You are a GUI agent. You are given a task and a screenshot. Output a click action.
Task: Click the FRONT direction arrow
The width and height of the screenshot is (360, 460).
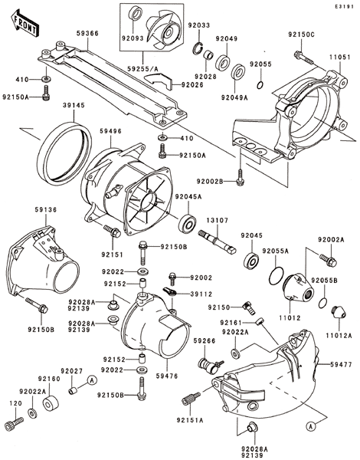point(24,23)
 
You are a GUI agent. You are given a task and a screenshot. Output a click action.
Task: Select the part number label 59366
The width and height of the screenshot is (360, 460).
point(87,34)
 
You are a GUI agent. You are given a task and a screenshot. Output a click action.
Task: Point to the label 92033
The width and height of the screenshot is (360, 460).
point(199,25)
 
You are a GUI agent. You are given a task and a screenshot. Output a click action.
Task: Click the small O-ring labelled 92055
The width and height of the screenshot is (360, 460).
point(260,85)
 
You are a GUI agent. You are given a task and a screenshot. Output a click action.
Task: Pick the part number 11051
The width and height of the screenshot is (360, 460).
point(339,58)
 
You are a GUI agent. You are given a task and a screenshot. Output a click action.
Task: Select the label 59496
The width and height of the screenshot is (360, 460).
point(110,131)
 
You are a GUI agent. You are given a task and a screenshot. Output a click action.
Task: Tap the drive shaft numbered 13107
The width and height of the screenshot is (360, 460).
point(218,242)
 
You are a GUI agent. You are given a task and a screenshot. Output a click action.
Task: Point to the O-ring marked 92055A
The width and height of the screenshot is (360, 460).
point(276,275)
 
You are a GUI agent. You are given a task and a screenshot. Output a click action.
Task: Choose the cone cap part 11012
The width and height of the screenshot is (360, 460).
point(298,287)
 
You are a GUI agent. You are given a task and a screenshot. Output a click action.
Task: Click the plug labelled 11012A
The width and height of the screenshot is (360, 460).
point(339,312)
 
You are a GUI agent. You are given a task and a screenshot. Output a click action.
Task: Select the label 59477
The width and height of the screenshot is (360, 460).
point(341,364)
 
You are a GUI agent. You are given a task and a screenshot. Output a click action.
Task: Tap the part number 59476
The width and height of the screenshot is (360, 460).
point(168,376)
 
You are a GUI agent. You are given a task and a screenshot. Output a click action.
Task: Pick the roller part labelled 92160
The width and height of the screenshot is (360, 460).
point(51,403)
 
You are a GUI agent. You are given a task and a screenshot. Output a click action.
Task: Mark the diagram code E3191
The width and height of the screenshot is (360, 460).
point(347,6)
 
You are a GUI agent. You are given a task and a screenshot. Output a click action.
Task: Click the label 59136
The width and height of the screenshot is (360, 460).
point(46,210)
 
